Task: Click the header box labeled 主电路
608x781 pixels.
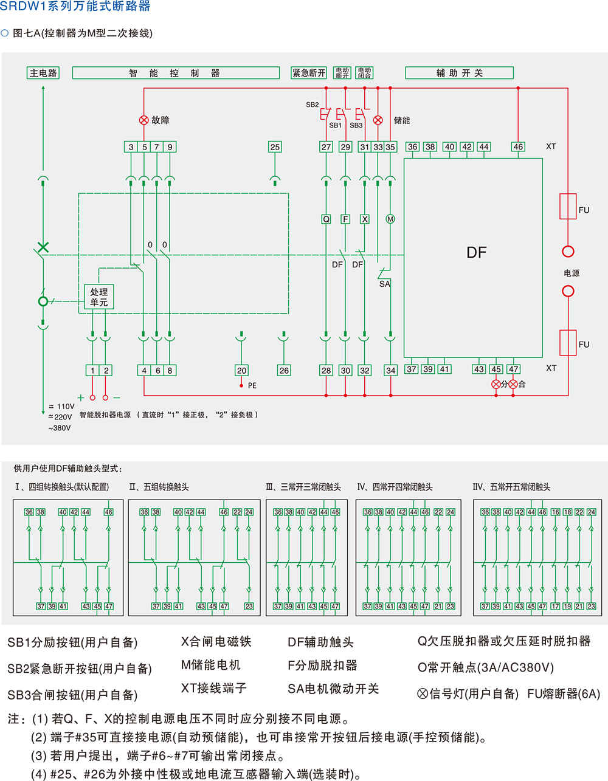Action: (43, 73)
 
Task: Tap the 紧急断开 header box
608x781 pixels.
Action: (309, 73)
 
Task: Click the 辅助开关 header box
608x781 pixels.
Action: (459, 73)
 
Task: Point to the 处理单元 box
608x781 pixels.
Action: (98, 297)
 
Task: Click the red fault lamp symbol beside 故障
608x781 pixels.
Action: (144, 120)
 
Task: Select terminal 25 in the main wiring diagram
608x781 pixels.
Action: (275, 147)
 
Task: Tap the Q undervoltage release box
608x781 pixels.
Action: (326, 219)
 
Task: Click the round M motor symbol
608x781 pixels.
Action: (390, 219)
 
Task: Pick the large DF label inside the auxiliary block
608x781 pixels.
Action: (476, 253)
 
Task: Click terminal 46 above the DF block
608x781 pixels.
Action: (518, 146)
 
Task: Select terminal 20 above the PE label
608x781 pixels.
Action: (241, 370)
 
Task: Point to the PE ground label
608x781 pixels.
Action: (252, 386)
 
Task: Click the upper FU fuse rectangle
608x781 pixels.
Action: (568, 207)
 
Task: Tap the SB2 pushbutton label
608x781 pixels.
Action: (312, 105)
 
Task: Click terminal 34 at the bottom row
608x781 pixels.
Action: (390, 370)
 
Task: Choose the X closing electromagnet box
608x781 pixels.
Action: (365, 219)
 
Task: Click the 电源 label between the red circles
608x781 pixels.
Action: (572, 273)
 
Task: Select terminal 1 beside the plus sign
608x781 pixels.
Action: (92, 370)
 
